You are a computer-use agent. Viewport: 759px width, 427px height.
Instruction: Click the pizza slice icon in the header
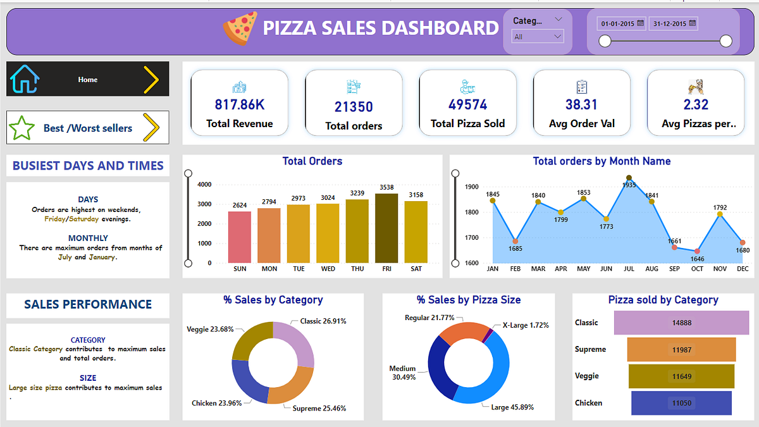pos(240,28)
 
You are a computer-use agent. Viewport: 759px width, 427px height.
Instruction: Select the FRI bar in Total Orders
pos(386,228)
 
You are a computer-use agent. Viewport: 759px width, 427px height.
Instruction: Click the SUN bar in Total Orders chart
pos(240,237)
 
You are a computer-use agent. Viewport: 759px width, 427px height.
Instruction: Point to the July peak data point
pos(629,178)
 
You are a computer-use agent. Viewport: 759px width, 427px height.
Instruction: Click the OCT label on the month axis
pos(697,269)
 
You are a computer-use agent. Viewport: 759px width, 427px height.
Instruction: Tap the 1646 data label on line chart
pos(697,259)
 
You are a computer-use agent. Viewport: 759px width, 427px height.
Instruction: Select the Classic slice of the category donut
pos(297,342)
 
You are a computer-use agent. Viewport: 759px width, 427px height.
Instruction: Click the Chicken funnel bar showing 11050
pos(681,403)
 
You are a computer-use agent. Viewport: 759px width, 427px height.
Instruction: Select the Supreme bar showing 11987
pos(681,349)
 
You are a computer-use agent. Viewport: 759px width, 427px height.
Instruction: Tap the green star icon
pos(22,128)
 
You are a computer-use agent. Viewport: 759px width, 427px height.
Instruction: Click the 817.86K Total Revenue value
pos(239,104)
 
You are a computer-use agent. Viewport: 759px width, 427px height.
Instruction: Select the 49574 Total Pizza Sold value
pos(467,104)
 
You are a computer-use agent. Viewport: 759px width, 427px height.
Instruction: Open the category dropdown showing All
pos(538,37)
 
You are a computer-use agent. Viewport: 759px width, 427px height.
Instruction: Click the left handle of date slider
pos(605,41)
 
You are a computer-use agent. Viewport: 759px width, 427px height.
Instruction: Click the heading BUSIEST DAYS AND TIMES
pos(88,166)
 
